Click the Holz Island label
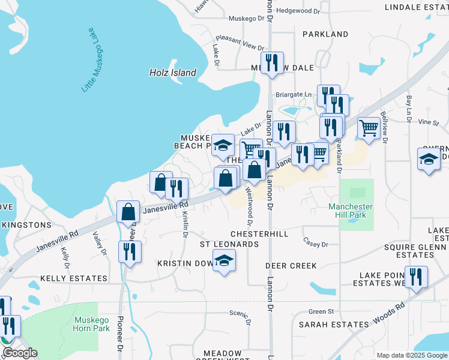pyautogui.click(x=172, y=73)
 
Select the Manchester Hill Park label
pyautogui.click(x=351, y=211)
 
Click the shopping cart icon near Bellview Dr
pyautogui.click(x=369, y=127)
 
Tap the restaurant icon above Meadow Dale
pyautogui.click(x=272, y=62)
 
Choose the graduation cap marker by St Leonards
pyautogui.click(x=224, y=260)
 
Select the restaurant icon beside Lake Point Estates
pyautogui.click(x=415, y=277)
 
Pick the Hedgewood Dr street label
pyautogui.click(x=300, y=11)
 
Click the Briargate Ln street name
pyautogui.click(x=294, y=94)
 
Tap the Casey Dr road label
pyautogui.click(x=316, y=244)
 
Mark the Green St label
pyautogui.click(x=321, y=311)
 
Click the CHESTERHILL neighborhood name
pyautogui.click(x=260, y=233)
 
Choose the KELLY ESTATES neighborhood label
pyautogui.click(x=74, y=278)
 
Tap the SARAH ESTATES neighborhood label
pyautogui.click(x=334, y=325)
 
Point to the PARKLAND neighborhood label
pyautogui.click(x=325, y=34)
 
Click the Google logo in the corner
pyautogui.click(x=20, y=353)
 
